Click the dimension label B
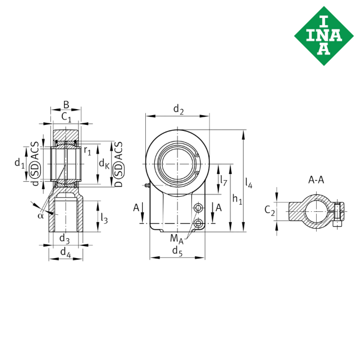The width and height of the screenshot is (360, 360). point(67,105)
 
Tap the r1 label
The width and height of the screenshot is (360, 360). point(87,151)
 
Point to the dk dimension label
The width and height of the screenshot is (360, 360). point(104,163)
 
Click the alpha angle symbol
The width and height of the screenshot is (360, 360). point(40,215)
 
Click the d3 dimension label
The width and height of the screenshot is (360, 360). point(65,238)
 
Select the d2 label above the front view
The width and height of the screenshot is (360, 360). point(178,109)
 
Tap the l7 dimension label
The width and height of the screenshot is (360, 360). point(224,181)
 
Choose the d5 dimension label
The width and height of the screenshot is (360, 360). point(177,251)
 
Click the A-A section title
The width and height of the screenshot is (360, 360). point(316,180)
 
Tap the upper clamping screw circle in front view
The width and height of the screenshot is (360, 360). point(199,208)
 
